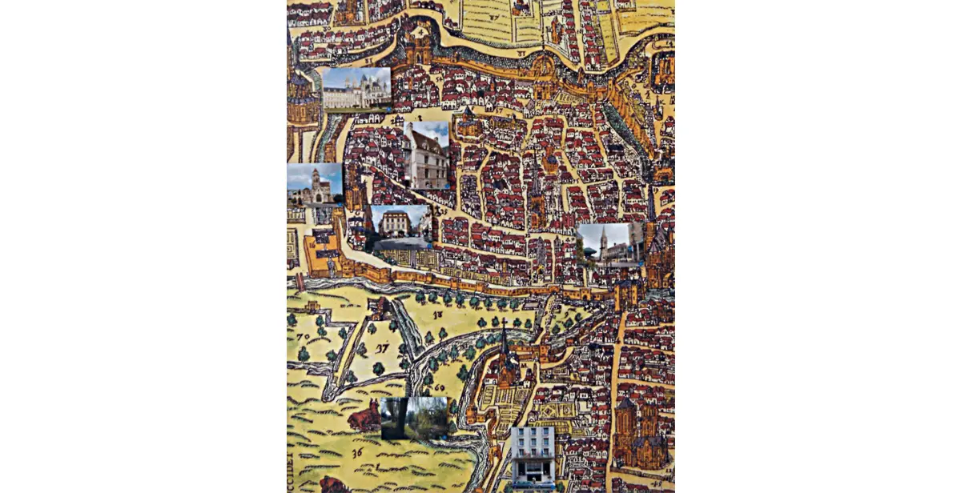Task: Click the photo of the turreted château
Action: pyautogui.click(x=356, y=88)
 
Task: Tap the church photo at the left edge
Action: pyautogui.click(x=314, y=185)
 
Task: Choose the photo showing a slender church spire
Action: pyautogui.click(x=609, y=244)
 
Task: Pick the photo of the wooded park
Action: pyautogui.click(x=414, y=418)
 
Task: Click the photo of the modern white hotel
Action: pyautogui.click(x=533, y=457)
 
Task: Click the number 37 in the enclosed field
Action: pyautogui.click(x=382, y=348)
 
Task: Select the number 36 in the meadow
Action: pyautogui.click(x=356, y=454)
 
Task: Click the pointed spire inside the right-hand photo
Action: pyautogui.click(x=604, y=238)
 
